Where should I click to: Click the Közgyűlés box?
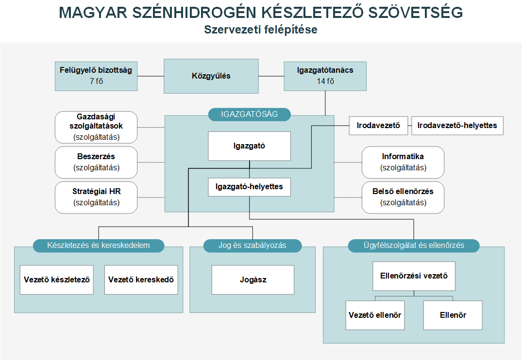pyautogui.click(x=211, y=76)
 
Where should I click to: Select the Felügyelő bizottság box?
pyautogui.click(x=96, y=76)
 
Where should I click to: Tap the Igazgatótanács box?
pyautogui.click(x=325, y=76)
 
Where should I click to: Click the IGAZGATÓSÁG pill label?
pyautogui.click(x=250, y=115)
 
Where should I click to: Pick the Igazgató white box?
pyautogui.click(x=250, y=146)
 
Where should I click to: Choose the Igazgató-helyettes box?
pyautogui.click(x=250, y=187)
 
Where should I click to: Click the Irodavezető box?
pyautogui.click(x=378, y=126)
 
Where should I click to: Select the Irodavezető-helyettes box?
pyautogui.click(x=457, y=126)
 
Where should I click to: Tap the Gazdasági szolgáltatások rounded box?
pyautogui.click(x=96, y=128)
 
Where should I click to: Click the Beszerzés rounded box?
pyautogui.click(x=96, y=163)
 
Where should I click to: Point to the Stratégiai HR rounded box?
pyautogui.click(x=96, y=197)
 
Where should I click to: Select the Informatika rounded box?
pyautogui.click(x=403, y=163)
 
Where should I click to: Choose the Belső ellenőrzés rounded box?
pyautogui.click(x=403, y=197)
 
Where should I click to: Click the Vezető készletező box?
pyautogui.click(x=57, y=280)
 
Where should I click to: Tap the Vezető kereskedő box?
pyautogui.click(x=141, y=280)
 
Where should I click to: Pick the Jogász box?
pyautogui.click(x=253, y=280)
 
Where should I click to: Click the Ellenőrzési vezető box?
pyautogui.click(x=414, y=276)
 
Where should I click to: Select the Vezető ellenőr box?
pyautogui.click(x=375, y=315)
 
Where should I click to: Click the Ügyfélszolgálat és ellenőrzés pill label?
pyautogui.click(x=414, y=245)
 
